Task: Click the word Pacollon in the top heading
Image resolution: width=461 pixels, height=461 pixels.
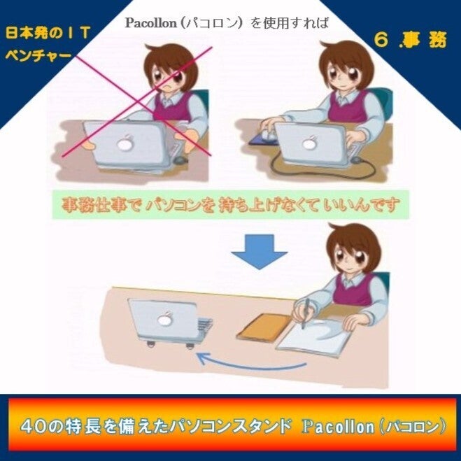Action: [x=150, y=23]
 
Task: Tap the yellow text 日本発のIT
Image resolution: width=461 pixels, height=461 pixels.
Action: [x=48, y=33]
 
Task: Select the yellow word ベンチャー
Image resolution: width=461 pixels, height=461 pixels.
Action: [x=38, y=56]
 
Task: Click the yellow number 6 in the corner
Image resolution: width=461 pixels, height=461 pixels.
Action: [x=382, y=40]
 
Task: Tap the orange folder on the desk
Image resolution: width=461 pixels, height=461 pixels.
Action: [x=264, y=327]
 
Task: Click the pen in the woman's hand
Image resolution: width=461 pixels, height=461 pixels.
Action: [x=305, y=313]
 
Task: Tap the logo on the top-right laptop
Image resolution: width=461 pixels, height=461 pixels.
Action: [x=309, y=143]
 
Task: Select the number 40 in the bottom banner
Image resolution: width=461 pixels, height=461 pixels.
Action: [x=32, y=427]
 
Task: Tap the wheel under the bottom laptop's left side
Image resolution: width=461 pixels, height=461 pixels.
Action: [x=151, y=343]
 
